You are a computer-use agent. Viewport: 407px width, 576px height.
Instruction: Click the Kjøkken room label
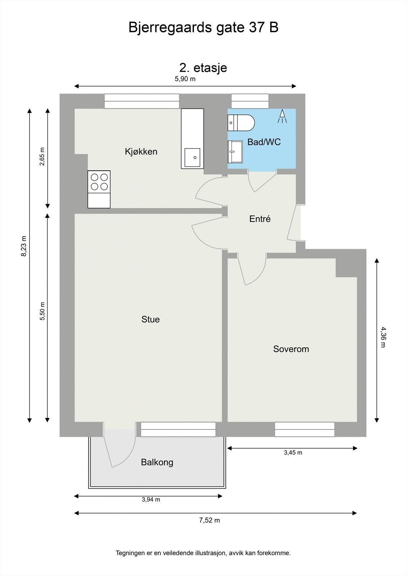(x=141, y=152)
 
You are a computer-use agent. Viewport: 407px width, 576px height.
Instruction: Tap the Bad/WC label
(x=264, y=142)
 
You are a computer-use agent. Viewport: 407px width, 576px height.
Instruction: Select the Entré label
(x=260, y=219)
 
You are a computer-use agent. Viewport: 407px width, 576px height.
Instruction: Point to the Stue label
(x=150, y=319)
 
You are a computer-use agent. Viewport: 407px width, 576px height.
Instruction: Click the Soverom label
(x=291, y=349)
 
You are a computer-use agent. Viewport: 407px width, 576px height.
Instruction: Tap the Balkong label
(x=157, y=462)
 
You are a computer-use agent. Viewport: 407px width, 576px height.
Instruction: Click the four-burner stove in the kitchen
(x=99, y=181)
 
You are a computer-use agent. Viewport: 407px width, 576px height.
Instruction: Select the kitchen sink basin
(x=192, y=158)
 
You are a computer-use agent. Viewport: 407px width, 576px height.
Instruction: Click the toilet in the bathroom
(x=241, y=122)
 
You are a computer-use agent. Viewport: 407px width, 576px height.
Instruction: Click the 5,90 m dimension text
(x=185, y=79)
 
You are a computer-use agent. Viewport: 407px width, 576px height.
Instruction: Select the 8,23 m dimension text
(x=24, y=246)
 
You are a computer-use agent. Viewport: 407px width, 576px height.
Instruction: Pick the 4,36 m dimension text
(x=383, y=337)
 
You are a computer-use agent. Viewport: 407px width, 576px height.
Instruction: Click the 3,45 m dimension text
(x=293, y=453)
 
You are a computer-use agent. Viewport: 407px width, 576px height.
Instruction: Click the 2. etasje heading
(x=203, y=68)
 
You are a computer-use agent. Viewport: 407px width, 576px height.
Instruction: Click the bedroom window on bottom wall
(x=304, y=429)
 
